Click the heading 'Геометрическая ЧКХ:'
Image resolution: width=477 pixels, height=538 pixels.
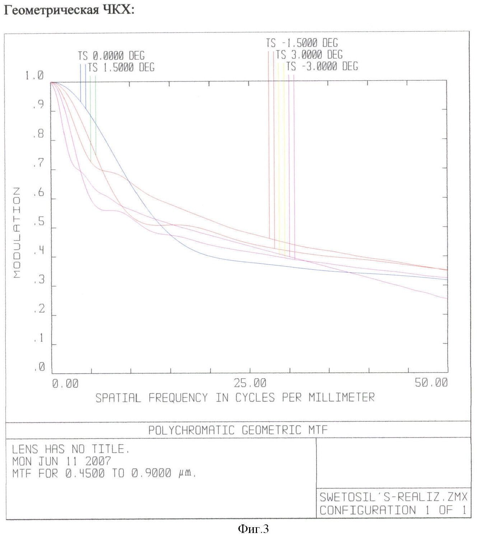(69, 10)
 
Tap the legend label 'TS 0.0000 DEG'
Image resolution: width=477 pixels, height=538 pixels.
(111, 56)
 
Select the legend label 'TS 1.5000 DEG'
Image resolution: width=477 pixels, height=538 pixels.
(121, 67)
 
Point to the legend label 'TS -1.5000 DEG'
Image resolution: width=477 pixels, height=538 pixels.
(302, 43)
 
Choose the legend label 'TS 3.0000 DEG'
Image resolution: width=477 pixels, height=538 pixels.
(309, 55)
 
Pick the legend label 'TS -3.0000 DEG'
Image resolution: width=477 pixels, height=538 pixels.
(322, 66)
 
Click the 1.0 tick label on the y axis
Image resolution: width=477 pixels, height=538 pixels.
(34, 76)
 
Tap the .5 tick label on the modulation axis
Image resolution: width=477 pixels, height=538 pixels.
(38, 222)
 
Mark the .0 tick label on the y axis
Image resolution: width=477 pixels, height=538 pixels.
(39, 367)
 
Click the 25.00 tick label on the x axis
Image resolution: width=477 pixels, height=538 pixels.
(250, 383)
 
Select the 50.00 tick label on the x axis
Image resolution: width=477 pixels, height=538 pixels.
(431, 383)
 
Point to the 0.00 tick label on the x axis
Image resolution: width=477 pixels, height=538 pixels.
(65, 383)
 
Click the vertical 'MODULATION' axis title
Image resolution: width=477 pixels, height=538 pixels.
(17, 233)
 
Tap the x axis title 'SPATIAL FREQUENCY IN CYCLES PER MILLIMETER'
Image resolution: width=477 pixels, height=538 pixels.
(235, 397)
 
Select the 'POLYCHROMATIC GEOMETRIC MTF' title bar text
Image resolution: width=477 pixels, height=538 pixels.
(238, 430)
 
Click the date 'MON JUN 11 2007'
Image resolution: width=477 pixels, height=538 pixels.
(62, 461)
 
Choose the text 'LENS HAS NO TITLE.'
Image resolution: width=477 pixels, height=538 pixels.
(71, 449)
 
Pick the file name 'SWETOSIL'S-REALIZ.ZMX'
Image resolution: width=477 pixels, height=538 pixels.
(393, 497)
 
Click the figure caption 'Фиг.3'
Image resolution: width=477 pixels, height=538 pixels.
(253, 529)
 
